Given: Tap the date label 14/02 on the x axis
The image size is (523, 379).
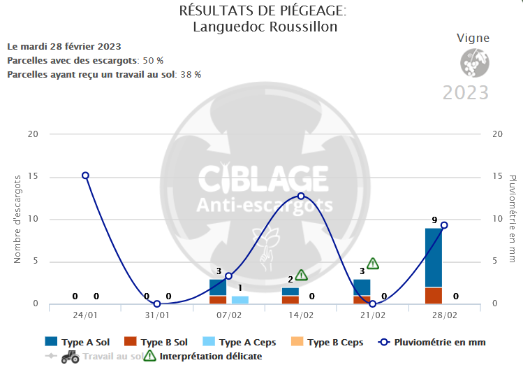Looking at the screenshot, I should coord(301,315).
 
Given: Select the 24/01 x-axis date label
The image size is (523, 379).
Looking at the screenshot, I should coord(85,315).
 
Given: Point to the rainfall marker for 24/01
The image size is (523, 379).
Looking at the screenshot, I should coord(85,176).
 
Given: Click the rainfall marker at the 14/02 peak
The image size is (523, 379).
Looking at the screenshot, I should coord(301,196).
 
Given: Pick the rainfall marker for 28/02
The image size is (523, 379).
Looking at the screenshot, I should coord(444,225).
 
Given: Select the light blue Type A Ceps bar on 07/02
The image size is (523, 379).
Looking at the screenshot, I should coord(240,300).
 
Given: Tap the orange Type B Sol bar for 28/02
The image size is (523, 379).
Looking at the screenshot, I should coord(434,296).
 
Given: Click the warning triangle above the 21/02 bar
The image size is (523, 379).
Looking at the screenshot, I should coord(373,264).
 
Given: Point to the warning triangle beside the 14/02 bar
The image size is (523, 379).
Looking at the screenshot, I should coord(301,276).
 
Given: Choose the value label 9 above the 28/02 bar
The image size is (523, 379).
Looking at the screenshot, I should coord(434,220).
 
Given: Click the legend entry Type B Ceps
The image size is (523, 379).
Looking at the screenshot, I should coord(335,342).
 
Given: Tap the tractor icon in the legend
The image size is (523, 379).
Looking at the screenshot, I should coord(70,356).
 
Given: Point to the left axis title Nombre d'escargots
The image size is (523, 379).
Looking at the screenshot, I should coord(18,219).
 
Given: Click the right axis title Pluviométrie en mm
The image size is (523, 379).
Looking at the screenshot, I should coord(512,219).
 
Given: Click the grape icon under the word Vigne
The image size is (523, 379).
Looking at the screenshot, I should coord(473,63).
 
